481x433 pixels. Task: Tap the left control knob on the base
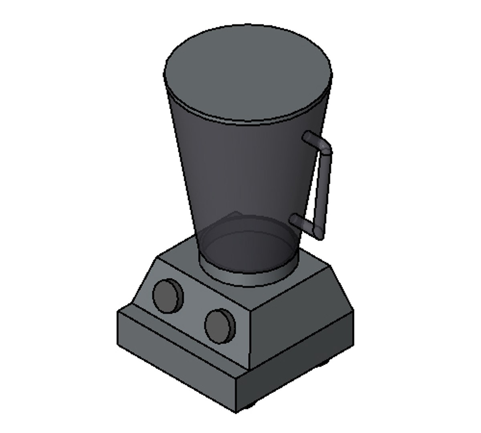pos(168,295)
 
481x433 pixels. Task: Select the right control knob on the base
pos(220,326)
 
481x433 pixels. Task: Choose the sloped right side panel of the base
pos(301,321)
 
